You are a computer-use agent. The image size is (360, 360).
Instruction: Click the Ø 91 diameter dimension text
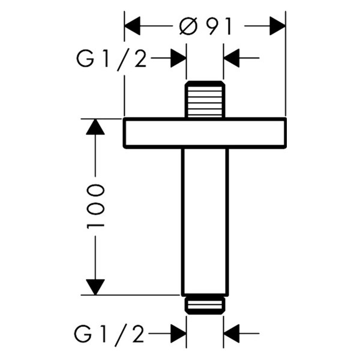coord(205,26)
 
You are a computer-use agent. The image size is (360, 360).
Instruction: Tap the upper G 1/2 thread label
coord(112,58)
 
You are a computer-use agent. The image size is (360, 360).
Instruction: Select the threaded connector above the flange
coord(205,100)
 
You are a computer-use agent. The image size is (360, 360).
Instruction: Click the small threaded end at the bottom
coord(205,305)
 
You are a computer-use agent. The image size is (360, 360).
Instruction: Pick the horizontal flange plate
coord(205,133)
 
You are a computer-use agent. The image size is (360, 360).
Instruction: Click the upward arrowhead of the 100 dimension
coord(95,127)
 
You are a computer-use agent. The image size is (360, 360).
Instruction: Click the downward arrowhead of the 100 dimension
coord(95,287)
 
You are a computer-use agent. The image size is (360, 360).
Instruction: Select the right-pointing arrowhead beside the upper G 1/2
coord(178,58)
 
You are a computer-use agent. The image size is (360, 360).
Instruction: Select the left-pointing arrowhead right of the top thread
coord(232,58)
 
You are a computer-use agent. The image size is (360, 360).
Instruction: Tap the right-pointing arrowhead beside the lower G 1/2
coord(178,333)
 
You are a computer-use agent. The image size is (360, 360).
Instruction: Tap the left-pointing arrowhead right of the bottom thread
coord(232,333)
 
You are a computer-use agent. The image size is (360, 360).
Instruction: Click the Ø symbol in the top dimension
coord(188,26)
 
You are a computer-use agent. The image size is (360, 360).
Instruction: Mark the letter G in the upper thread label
coord(85,58)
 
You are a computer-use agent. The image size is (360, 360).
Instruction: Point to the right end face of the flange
coord(285,133)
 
